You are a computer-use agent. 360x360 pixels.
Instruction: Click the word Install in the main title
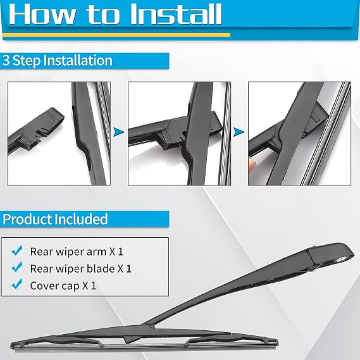(176, 14)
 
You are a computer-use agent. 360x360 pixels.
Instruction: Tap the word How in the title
(42, 14)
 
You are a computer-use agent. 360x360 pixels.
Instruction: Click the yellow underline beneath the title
(116, 35)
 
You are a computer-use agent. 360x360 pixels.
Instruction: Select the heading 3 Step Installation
(58, 60)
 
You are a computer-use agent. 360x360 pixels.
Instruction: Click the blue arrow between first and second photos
(118, 132)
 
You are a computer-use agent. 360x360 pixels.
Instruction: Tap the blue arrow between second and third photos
(239, 132)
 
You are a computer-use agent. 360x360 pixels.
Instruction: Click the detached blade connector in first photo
(37, 131)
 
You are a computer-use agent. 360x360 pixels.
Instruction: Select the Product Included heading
(55, 219)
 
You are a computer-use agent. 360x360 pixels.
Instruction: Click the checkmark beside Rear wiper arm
(17, 251)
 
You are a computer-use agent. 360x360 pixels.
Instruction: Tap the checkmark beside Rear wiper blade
(17, 267)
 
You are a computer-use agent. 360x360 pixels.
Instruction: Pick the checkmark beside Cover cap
(17, 284)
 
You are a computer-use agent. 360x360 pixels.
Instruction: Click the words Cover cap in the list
(54, 286)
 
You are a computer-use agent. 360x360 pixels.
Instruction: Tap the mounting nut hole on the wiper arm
(339, 259)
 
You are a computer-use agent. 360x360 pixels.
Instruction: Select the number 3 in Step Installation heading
(6, 60)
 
